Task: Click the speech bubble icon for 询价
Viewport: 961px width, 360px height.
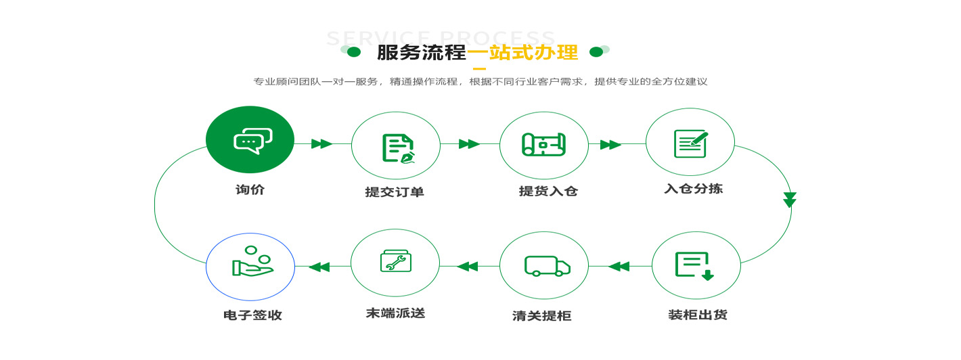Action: pos(252,140)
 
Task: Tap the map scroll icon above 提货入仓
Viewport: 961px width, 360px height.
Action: pos(543,144)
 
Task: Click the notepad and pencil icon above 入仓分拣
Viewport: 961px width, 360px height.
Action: pos(690,143)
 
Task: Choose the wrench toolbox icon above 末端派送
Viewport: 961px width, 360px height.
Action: pos(396,261)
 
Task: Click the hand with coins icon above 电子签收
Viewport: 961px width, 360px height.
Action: pos(251,263)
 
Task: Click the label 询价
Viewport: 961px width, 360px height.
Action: pos(250,190)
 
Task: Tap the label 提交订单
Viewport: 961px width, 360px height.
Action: pos(395,192)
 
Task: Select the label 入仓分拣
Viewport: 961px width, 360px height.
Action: pos(693,189)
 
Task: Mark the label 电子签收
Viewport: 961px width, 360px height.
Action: pos(252,315)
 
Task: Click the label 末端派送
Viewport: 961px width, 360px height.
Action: pos(395,313)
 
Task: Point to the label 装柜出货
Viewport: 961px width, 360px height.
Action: pos(697,315)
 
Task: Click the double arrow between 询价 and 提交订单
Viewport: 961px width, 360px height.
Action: pos(321,143)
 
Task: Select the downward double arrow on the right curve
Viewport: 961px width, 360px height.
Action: pos(790,200)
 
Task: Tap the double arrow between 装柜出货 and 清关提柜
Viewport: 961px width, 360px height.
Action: pos(619,267)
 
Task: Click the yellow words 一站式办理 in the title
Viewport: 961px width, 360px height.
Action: pos(522,53)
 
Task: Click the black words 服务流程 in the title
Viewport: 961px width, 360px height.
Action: pos(421,53)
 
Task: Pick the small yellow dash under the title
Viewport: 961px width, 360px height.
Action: pos(479,68)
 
